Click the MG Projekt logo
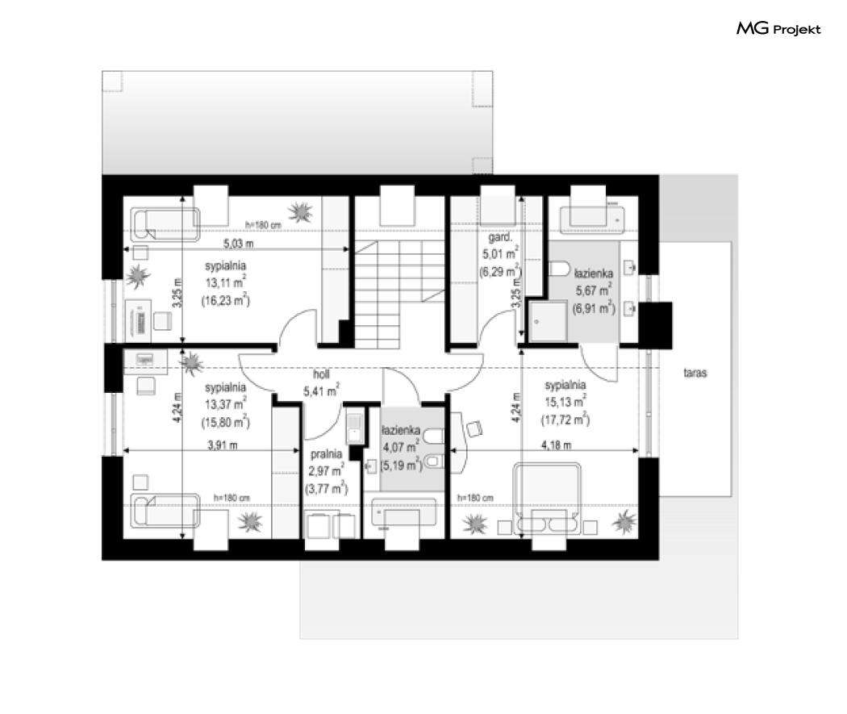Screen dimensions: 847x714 [778, 28]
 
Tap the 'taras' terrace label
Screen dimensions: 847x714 [695, 373]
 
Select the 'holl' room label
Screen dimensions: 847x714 [321, 374]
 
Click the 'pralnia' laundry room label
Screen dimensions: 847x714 [326, 454]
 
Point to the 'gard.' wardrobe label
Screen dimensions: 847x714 [499, 237]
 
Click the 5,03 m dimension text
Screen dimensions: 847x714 [238, 244]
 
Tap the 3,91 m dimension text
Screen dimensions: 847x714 [223, 445]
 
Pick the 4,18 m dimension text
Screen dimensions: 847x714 [557, 445]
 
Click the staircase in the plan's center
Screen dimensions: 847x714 [400, 294]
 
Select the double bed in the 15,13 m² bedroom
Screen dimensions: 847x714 [547, 498]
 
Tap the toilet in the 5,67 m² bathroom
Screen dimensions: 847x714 [560, 269]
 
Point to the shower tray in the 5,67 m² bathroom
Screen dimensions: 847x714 [548, 321]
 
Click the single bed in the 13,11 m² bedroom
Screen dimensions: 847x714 [165, 224]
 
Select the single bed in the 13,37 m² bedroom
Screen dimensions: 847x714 [165, 510]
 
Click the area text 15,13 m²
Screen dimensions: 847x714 [565, 401]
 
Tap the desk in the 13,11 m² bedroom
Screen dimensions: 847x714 [138, 321]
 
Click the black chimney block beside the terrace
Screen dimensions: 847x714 [656, 325]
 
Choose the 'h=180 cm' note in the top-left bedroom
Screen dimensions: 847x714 [263, 224]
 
